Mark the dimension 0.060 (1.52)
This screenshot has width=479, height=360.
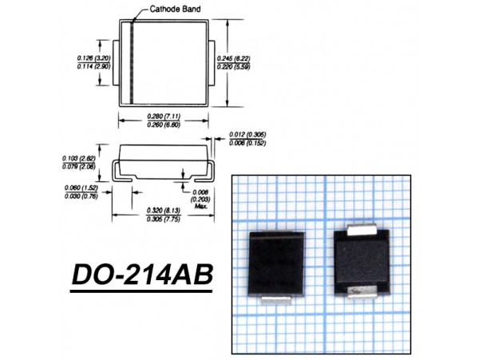77,188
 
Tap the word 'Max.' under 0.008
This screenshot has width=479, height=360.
201,206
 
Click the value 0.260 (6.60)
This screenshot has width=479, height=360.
166,125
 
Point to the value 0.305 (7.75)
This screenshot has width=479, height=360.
165,219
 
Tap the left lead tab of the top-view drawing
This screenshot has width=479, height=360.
115,63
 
